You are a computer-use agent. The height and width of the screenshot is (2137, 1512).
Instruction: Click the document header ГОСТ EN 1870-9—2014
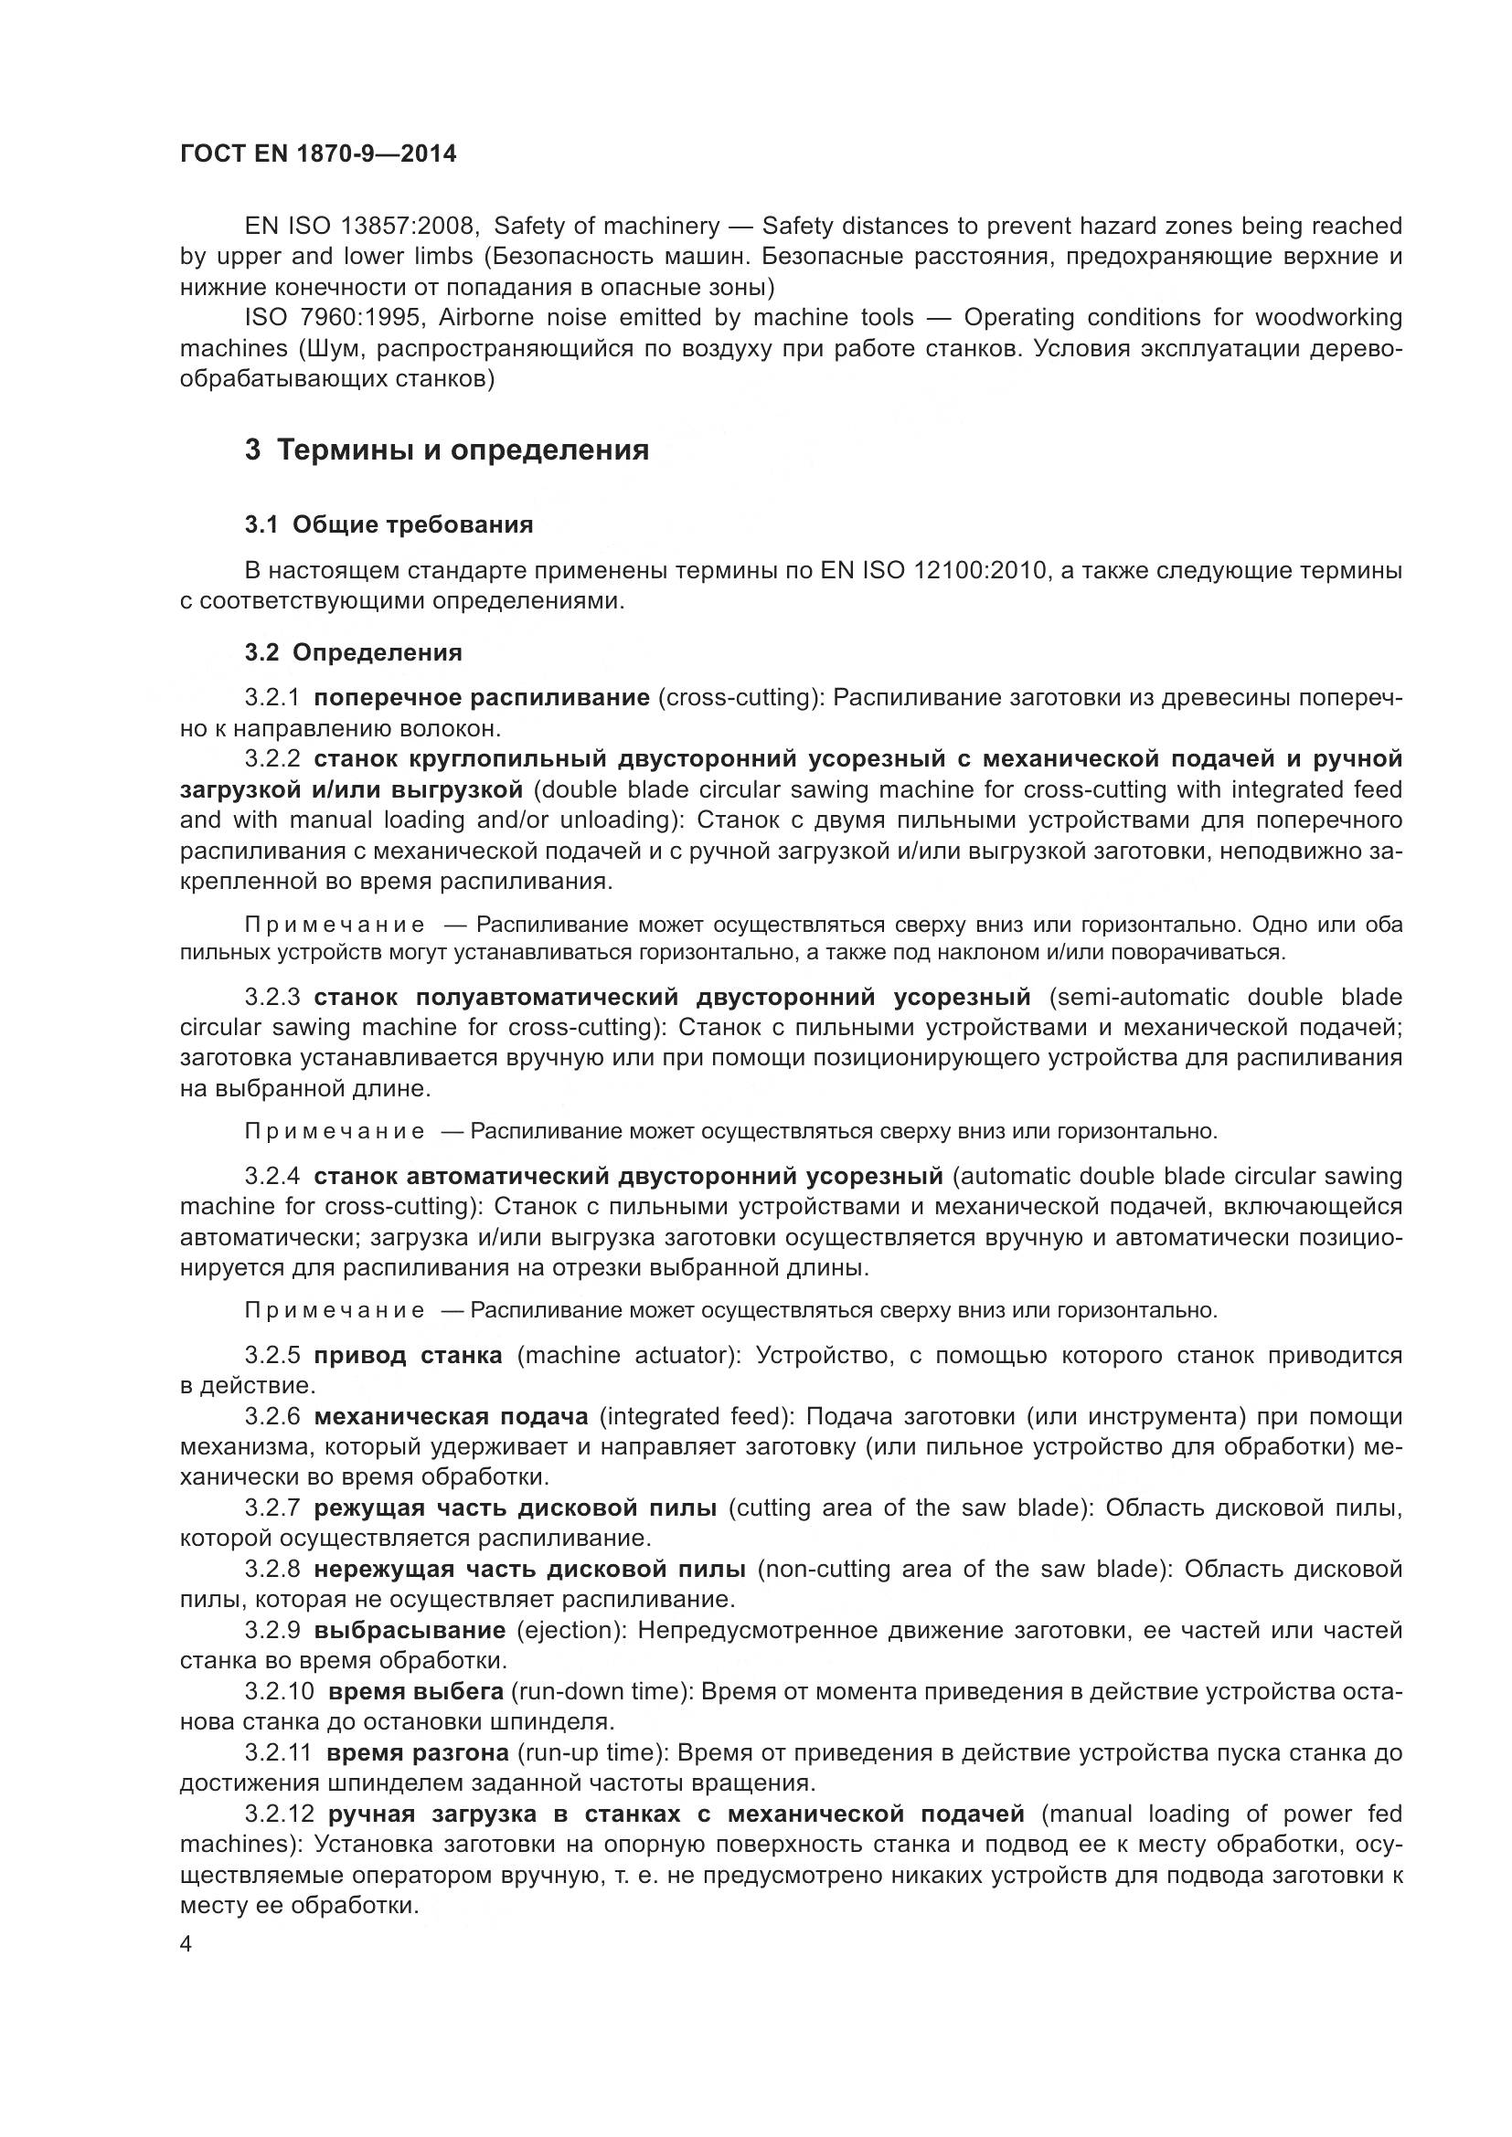click(x=318, y=154)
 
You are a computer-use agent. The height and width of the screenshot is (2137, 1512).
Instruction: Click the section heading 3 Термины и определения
click(x=447, y=450)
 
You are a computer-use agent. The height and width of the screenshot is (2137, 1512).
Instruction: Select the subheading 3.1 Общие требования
click(x=389, y=525)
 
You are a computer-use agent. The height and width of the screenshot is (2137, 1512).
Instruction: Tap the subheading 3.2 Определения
click(x=354, y=652)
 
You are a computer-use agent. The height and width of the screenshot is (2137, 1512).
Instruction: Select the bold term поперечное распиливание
click(x=483, y=698)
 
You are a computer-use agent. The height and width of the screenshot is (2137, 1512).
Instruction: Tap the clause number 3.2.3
click(x=272, y=998)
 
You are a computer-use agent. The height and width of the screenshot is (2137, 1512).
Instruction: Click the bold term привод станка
click(x=408, y=1355)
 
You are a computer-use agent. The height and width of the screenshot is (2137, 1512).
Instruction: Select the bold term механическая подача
click(x=452, y=1417)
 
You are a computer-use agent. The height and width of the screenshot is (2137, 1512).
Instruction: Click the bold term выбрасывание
click(x=410, y=1631)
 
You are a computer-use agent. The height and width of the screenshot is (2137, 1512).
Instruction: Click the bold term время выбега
click(x=416, y=1691)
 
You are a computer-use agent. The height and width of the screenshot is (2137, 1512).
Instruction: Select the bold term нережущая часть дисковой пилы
click(x=530, y=1570)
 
